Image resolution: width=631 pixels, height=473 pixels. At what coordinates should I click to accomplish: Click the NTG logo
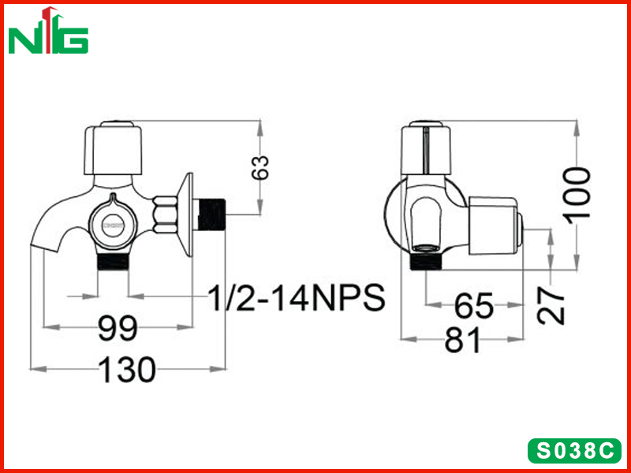[x=48, y=31]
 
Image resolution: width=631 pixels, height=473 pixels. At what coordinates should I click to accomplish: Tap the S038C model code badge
[x=575, y=450]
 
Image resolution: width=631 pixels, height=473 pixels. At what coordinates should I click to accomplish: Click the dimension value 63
[x=260, y=167]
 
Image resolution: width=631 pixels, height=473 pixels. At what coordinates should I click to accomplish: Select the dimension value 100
[x=578, y=193]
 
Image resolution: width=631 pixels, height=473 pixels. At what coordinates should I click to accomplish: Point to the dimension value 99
[x=118, y=328]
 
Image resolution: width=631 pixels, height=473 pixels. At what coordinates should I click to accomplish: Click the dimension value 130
[x=127, y=369]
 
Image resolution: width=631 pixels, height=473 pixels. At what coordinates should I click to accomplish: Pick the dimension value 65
[x=474, y=305]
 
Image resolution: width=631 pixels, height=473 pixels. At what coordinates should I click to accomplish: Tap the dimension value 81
[x=462, y=339]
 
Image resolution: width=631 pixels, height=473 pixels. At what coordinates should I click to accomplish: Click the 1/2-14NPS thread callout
[x=297, y=298]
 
